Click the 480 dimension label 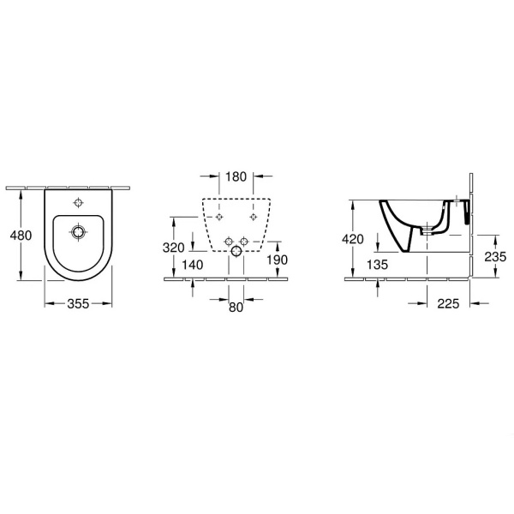(x=21, y=236)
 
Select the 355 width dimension (x=78, y=304)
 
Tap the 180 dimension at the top (x=236, y=176)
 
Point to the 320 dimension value (x=173, y=248)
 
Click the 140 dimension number (x=193, y=265)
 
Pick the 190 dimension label (x=277, y=260)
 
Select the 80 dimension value (x=236, y=308)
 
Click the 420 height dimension (x=353, y=239)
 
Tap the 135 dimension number (x=377, y=265)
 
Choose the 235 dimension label (x=495, y=257)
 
